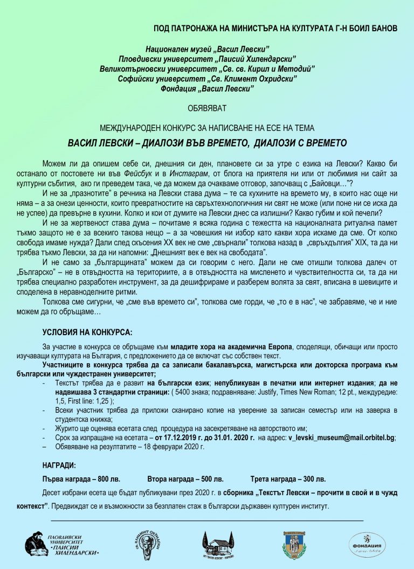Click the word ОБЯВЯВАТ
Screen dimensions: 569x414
pos(207,108)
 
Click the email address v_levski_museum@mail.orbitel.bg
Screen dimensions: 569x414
pos(342,438)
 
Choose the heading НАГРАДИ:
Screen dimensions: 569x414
pos(59,464)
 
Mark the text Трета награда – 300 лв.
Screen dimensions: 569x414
pos(288,478)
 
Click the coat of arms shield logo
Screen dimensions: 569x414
pos(295,545)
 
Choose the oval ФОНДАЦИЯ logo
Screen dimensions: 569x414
pos(368,545)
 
